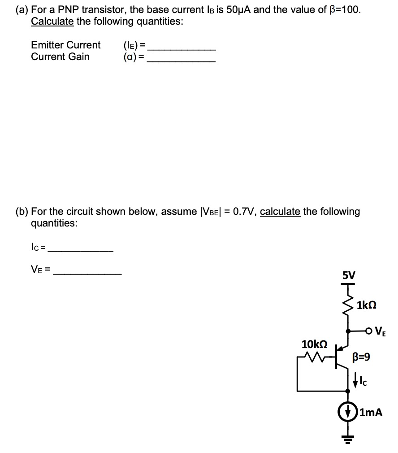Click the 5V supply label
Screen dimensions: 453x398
tap(348, 274)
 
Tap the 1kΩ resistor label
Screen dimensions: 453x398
tap(367, 305)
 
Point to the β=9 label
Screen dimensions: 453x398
tap(362, 357)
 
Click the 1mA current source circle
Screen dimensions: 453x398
tap(348, 412)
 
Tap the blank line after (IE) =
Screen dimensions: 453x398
tap(182, 49)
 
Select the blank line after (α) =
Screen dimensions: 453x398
tap(181, 61)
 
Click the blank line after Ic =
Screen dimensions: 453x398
tap(80, 251)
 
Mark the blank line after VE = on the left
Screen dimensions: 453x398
tap(87, 274)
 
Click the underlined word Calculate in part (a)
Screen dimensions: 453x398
tap(52, 22)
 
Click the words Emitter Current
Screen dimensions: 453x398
tap(66, 45)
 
